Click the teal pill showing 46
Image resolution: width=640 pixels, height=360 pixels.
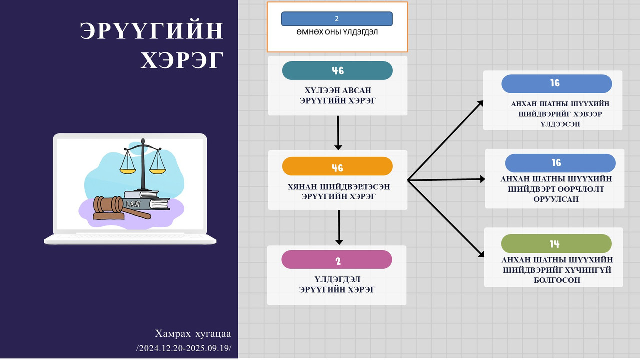[337, 70]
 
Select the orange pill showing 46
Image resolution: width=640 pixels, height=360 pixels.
[337, 166]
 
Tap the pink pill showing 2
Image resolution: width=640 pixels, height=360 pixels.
[337, 259]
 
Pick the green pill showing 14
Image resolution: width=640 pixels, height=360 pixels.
[556, 243]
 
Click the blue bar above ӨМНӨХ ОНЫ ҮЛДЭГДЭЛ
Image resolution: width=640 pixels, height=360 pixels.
[337, 19]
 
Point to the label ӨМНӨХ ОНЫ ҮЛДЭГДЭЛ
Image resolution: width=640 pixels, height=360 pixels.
[337, 32]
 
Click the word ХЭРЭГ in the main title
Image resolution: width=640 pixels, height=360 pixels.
[182, 60]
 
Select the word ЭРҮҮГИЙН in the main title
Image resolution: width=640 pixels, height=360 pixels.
[151, 30]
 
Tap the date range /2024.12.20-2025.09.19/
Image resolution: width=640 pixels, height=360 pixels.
[184, 348]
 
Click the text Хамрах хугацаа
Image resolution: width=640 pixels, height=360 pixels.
[193, 333]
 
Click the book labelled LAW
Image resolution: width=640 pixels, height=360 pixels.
[146, 204]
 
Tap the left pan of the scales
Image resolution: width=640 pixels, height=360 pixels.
[128, 171]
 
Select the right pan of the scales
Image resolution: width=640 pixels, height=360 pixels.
[157, 171]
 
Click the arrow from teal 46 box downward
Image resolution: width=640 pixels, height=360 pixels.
[338, 133]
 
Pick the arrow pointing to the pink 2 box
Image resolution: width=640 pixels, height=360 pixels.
[339, 227]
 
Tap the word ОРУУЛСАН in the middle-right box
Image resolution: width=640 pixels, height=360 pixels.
[556, 199]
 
